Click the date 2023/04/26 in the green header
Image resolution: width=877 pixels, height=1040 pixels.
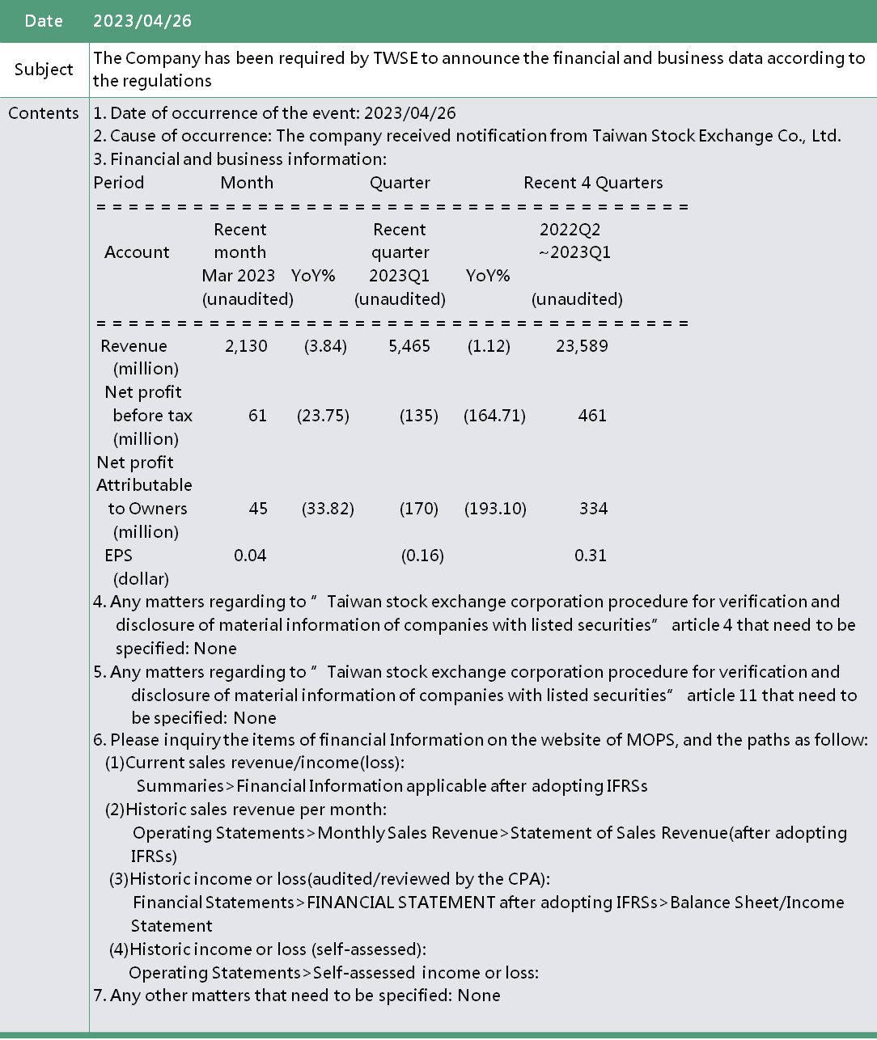click(x=142, y=21)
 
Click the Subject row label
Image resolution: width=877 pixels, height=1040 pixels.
click(x=44, y=70)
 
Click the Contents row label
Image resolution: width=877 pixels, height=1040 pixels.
click(x=44, y=113)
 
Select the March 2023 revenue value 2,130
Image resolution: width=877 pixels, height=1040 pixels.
click(x=246, y=346)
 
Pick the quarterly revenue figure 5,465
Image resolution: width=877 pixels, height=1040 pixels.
click(x=409, y=346)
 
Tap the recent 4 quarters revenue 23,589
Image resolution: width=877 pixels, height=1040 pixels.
click(x=582, y=346)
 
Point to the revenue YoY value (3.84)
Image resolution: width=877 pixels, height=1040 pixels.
click(x=325, y=346)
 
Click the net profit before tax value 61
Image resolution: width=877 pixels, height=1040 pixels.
click(x=257, y=416)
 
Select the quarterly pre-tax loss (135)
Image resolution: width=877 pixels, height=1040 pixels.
click(x=419, y=416)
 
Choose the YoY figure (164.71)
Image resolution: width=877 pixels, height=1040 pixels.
click(x=494, y=416)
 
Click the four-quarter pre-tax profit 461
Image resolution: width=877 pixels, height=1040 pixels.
click(x=592, y=416)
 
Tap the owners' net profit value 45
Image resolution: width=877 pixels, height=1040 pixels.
click(x=258, y=509)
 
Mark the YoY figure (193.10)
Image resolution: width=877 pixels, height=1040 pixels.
click(x=495, y=509)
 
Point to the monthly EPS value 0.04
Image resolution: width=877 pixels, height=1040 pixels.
click(x=250, y=556)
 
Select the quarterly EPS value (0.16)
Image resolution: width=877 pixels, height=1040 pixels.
click(x=422, y=556)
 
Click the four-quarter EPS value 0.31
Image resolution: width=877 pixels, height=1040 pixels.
click(x=591, y=556)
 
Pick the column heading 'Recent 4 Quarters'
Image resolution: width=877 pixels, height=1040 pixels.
click(x=593, y=183)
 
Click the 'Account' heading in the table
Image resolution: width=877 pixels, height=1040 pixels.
click(x=137, y=252)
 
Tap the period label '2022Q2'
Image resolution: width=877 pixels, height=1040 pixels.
click(x=570, y=230)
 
